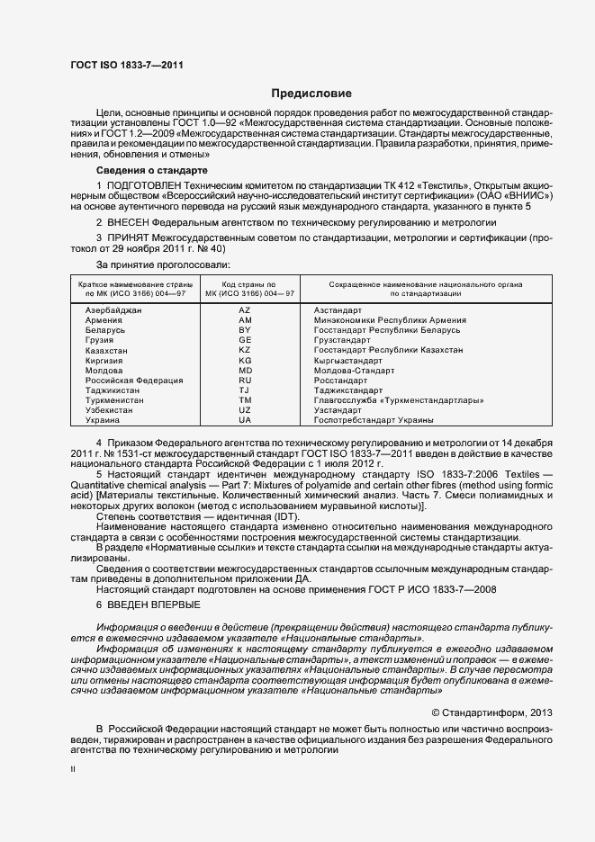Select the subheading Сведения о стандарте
151,170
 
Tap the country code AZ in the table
244,309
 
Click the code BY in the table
244,330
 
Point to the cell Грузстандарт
342,340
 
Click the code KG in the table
244,360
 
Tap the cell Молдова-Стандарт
354,370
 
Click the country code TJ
244,390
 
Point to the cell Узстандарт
338,410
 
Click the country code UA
244,420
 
